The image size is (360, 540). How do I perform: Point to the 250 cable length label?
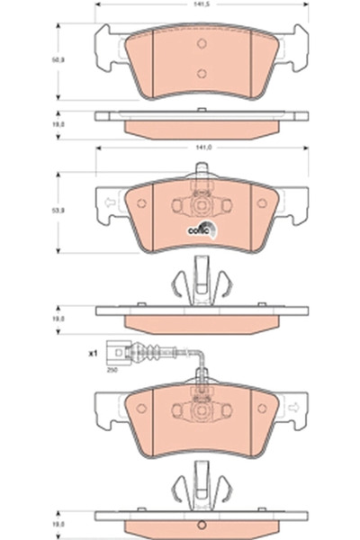tap(113, 370)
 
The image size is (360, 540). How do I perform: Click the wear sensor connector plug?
tap(114, 353)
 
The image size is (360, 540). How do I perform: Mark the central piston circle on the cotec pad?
tap(202, 208)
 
